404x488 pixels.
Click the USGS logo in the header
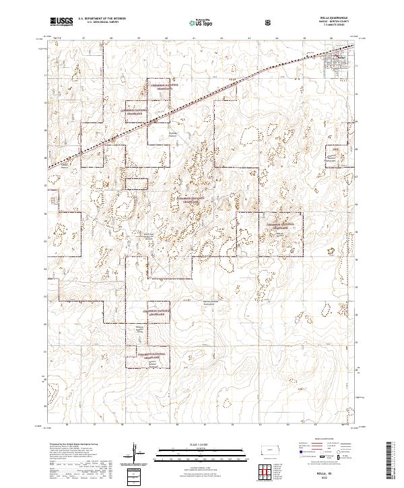coord(59,22)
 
